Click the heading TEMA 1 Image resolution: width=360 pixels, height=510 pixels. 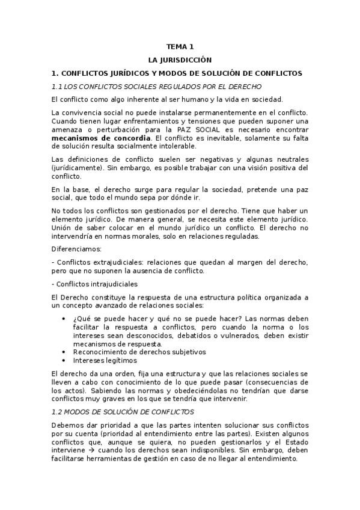click(x=180, y=46)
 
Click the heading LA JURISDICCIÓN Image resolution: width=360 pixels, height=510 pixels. click(x=180, y=60)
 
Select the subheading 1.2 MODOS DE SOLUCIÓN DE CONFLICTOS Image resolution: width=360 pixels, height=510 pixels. click(x=123, y=412)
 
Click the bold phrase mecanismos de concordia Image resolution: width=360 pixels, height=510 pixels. click(x=101, y=137)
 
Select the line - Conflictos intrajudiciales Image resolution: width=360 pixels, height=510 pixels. click(x=95, y=283)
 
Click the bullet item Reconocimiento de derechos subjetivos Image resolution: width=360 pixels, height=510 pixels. click(x=139, y=352)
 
